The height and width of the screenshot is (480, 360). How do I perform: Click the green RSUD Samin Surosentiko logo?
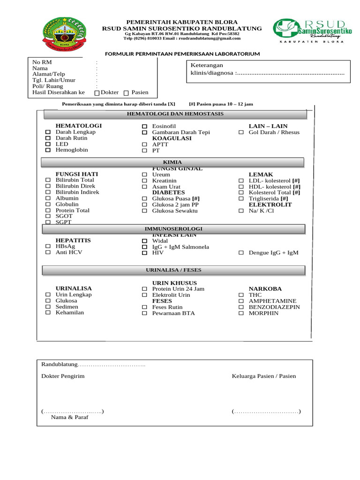309,31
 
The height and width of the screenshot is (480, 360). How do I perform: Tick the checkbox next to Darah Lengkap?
48,132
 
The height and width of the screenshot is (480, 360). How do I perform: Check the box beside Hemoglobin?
48,150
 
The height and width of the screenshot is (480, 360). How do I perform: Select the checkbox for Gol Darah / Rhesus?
241,133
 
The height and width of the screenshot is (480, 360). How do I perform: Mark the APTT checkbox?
144,145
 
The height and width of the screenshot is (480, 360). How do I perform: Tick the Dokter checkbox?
97,93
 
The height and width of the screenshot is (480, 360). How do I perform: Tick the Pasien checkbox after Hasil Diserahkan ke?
126,93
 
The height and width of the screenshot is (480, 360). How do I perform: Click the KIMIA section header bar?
173,162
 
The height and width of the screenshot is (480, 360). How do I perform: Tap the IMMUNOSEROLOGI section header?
173,229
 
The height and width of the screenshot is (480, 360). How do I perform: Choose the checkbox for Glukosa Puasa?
144,199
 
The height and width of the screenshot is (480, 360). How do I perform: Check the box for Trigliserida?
241,199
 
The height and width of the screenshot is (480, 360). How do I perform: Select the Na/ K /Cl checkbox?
241,211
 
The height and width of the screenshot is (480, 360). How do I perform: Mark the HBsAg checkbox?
48,247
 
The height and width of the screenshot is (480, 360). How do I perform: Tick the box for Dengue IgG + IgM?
241,253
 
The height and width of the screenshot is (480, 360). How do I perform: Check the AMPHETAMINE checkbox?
241,301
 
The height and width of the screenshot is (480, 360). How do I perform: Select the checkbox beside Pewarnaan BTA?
144,313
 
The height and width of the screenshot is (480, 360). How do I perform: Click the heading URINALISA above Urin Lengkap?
74,288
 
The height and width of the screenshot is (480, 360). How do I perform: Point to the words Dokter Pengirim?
63,376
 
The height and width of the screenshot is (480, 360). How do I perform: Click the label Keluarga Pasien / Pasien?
263,376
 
